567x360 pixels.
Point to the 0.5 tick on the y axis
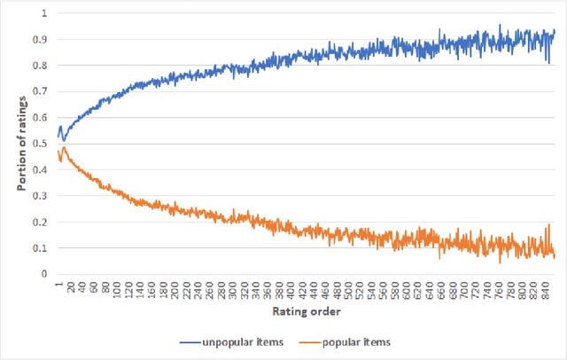click(x=41, y=143)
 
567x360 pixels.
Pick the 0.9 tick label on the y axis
click(x=41, y=39)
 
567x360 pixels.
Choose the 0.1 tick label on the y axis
click(x=41, y=247)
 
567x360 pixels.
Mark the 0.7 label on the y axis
click(x=41, y=91)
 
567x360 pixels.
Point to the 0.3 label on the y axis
click(x=41, y=195)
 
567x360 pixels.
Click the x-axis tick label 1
click(x=58, y=284)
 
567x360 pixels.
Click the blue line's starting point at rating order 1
click(x=58, y=137)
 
